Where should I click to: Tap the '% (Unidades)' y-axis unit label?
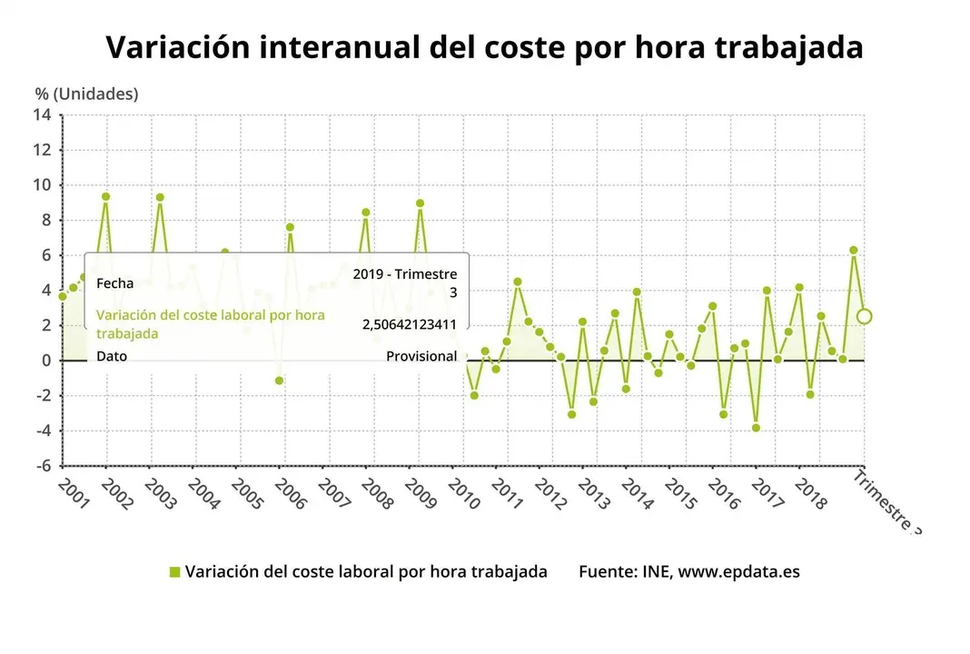[x=86, y=94]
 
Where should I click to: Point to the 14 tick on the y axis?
[x=43, y=114]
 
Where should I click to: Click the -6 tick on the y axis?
[x=43, y=465]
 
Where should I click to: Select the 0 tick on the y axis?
[x=46, y=361]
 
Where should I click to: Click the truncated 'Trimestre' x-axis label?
[x=886, y=502]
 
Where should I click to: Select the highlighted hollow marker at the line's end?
[x=864, y=316]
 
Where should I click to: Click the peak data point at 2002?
[x=106, y=196]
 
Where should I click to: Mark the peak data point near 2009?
[x=420, y=203]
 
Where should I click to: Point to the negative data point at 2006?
[x=280, y=381]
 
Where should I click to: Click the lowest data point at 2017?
[x=756, y=428]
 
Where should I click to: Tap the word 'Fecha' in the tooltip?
[x=115, y=283]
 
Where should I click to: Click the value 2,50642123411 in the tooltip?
[x=409, y=324]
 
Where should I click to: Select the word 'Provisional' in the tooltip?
[x=421, y=356]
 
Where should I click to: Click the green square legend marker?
[x=175, y=571]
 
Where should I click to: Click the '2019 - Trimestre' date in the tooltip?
[x=405, y=274]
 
